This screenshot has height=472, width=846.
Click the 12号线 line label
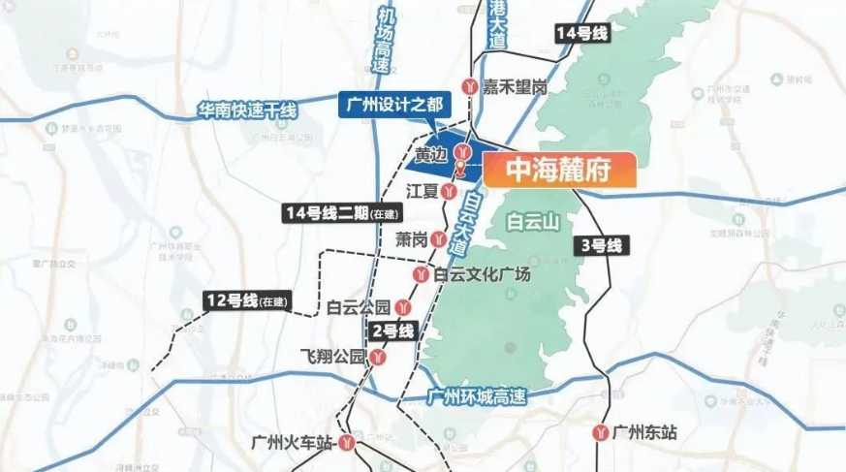247,300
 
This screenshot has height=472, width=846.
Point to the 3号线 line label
601,245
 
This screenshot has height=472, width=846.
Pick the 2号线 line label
392,330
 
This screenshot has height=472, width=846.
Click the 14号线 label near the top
581,34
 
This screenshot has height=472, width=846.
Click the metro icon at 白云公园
401,308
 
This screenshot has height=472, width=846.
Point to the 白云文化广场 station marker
421,275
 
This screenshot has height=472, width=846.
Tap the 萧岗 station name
411,238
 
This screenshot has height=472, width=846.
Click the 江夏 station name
423,190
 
